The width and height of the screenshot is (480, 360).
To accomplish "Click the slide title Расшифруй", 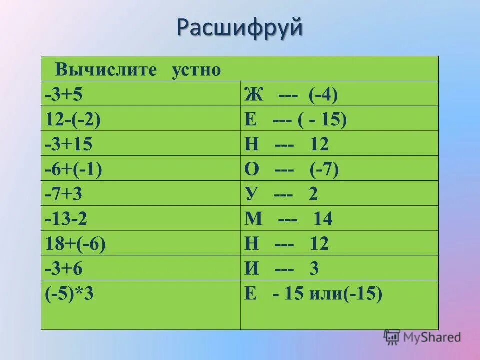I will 239,28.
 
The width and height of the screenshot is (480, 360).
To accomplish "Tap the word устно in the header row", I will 196,69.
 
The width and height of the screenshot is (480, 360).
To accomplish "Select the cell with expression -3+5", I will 63,94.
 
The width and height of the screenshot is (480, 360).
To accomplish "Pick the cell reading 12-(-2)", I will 72,119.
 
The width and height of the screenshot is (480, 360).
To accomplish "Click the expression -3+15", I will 68,144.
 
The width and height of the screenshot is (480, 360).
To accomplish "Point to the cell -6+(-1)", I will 73,169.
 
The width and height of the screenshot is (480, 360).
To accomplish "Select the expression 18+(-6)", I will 75,244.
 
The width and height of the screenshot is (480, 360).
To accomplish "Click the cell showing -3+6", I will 63,269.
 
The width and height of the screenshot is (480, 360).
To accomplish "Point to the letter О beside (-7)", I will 251,169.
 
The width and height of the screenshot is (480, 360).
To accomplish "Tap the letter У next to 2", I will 251,194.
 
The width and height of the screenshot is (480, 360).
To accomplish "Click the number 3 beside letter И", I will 314,269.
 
